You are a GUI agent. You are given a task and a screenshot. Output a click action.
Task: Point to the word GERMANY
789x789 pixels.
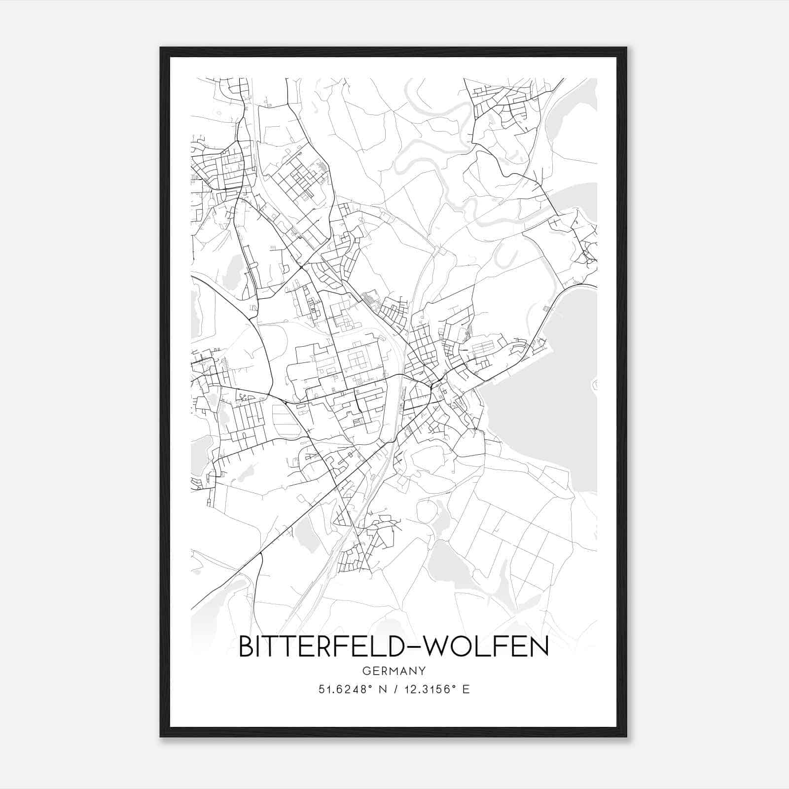[394, 671]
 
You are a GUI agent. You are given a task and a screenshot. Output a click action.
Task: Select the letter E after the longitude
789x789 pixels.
[466, 689]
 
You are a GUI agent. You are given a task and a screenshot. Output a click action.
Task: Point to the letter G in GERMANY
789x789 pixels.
[365, 671]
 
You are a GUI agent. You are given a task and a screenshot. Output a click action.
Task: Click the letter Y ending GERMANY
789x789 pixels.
[423, 671]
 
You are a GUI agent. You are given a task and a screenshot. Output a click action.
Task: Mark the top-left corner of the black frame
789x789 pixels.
[161, 48]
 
